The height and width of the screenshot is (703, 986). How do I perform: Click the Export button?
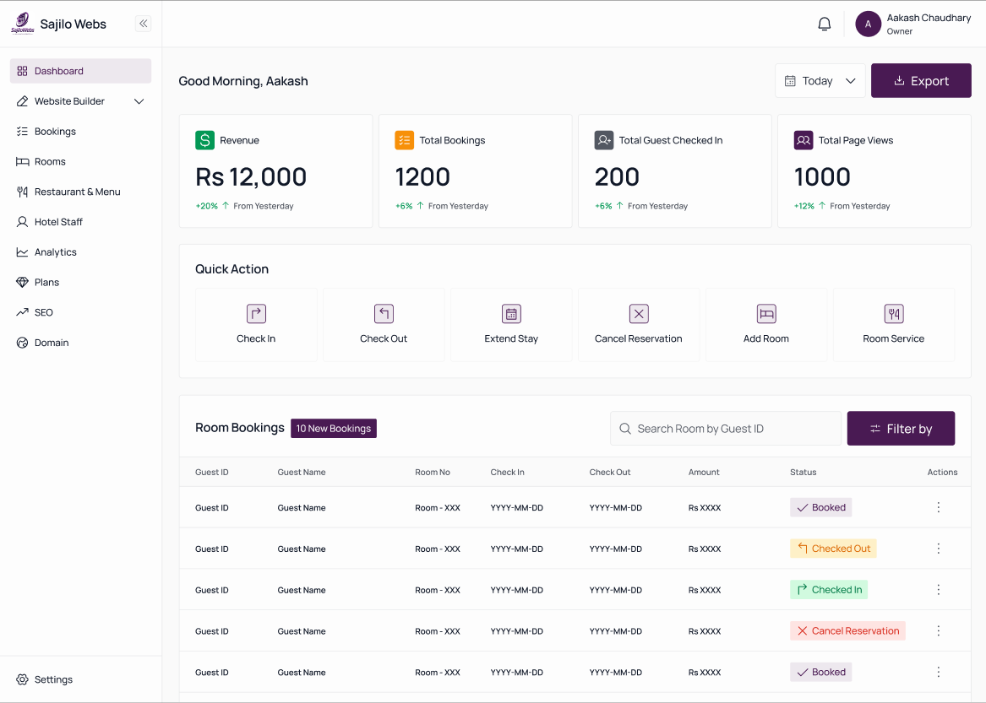(921, 80)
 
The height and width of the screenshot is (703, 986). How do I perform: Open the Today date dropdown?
(820, 80)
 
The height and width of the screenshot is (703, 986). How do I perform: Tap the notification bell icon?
(825, 24)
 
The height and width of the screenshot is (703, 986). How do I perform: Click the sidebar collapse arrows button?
(144, 24)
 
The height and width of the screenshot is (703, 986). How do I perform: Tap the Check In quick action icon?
(256, 313)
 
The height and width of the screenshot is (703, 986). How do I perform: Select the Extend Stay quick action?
(511, 325)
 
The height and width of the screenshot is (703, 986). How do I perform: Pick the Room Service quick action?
(894, 325)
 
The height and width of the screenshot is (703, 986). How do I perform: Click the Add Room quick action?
(766, 325)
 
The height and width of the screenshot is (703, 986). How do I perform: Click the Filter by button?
(901, 429)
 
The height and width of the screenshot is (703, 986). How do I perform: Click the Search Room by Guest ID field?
(726, 429)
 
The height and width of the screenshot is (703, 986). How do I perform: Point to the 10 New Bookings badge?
(333, 429)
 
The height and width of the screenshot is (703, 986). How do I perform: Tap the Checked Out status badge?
(833, 549)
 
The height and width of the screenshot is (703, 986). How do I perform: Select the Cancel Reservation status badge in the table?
(847, 630)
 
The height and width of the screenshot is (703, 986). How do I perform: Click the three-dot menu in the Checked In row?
(938, 589)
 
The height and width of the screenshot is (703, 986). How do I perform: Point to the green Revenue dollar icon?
(205, 140)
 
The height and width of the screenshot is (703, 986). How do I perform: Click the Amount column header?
(704, 472)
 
